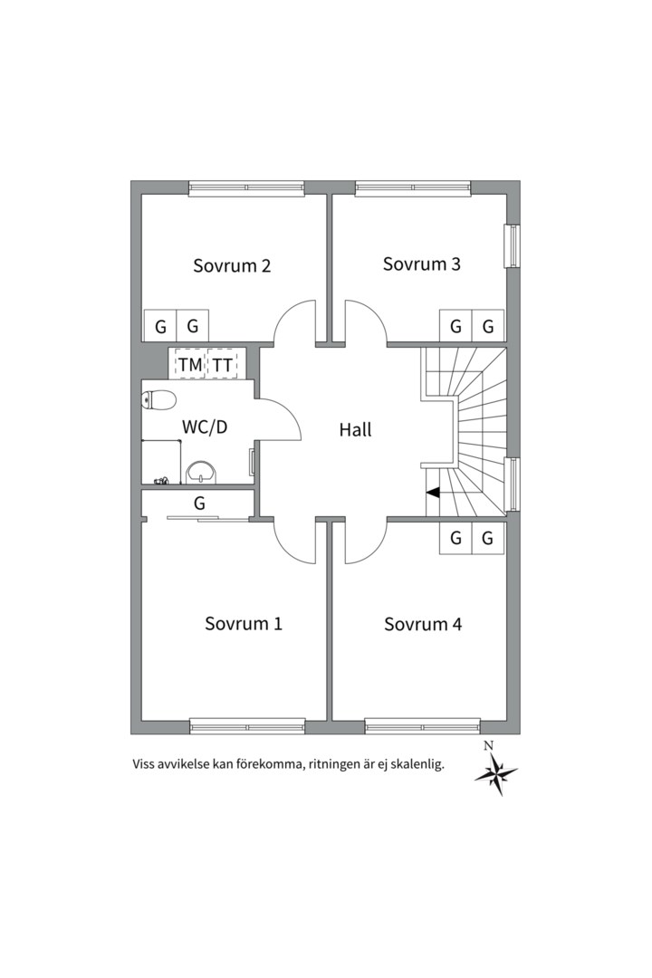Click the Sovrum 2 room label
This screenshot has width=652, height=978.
(232, 266)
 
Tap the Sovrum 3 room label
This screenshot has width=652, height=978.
(421, 264)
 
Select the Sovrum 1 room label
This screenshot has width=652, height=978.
(243, 624)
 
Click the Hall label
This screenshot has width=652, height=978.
(356, 430)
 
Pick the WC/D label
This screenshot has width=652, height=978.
(205, 427)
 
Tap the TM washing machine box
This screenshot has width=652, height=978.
(190, 364)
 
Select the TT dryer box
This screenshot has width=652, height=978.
(223, 364)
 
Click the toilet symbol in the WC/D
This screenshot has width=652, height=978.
(158, 399)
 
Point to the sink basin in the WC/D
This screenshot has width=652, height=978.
(200, 472)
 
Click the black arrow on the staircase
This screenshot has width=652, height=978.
(434, 493)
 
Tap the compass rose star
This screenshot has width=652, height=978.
(495, 774)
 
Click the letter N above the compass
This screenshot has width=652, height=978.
(489, 745)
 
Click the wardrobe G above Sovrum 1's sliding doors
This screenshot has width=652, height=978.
(199, 503)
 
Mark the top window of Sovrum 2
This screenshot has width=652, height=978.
(246, 188)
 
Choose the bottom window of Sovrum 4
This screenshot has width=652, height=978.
(422, 725)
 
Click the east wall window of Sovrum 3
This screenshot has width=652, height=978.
(512, 245)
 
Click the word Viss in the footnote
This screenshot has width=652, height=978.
(146, 764)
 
